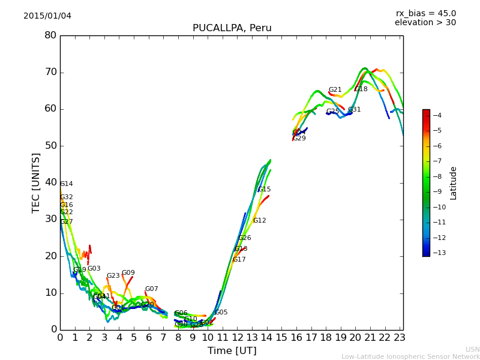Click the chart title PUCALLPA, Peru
pyautogui.click(x=232, y=28)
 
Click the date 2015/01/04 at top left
pyautogui.click(x=47, y=16)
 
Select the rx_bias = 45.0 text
pyautogui.click(x=425, y=13)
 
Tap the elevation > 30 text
pyautogui.click(x=425, y=23)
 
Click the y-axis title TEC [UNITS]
pyautogui.click(x=36, y=182)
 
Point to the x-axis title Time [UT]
pyautogui.click(x=232, y=350)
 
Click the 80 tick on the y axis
pyautogui.click(x=50, y=35)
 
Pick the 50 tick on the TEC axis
pyautogui.click(x=50, y=146)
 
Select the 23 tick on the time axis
pyautogui.click(x=400, y=338)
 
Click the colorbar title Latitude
pyautogui.click(x=454, y=183)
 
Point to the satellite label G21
pyautogui.click(x=335, y=90)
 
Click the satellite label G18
pyautogui.click(x=361, y=89)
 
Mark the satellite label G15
pyautogui.click(x=265, y=190)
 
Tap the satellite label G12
pyautogui.click(x=259, y=221)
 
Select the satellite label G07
pyautogui.click(x=151, y=289)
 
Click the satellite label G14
pyautogui.click(x=66, y=184)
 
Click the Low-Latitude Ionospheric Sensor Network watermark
pyautogui.click(x=410, y=356)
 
